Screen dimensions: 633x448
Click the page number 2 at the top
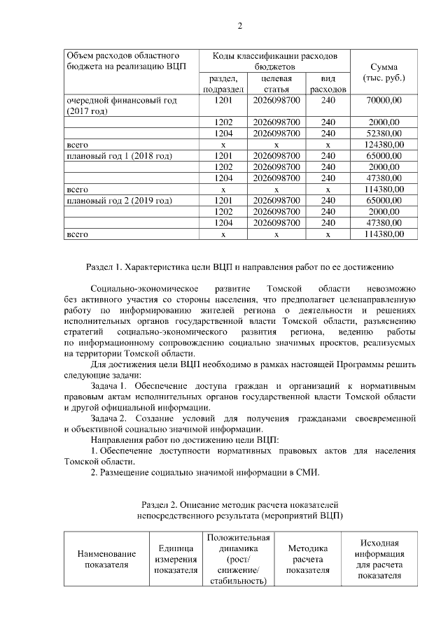click(239, 27)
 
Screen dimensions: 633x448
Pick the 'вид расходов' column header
click(328, 84)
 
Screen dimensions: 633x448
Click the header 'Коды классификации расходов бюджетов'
click(275, 60)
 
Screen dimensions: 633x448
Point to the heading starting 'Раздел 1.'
click(239, 266)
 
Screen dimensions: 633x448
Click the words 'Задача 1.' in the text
click(111, 385)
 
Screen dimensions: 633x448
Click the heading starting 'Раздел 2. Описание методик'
click(239, 504)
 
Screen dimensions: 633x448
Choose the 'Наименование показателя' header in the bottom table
click(107, 559)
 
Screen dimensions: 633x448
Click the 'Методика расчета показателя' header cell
click(308, 559)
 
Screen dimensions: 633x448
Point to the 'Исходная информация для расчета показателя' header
click(379, 559)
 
